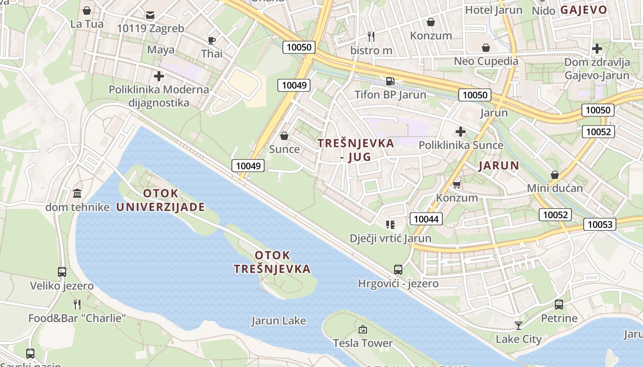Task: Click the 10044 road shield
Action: click(426, 219)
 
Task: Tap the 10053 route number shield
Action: click(600, 224)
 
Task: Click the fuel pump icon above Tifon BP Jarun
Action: click(390, 81)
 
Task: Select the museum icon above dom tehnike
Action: click(77, 193)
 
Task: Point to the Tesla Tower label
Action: click(363, 343)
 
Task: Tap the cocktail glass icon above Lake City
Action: click(519, 326)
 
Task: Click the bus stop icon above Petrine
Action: click(559, 304)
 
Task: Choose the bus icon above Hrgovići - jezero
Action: click(398, 270)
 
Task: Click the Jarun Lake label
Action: click(278, 320)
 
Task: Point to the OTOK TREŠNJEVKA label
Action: click(272, 262)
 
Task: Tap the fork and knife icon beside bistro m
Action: click(371, 36)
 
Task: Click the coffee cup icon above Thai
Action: click(212, 40)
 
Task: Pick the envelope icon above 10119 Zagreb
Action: click(150, 15)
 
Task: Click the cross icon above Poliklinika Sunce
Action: click(461, 132)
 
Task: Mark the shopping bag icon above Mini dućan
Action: click(555, 175)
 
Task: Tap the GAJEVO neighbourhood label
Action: click(584, 10)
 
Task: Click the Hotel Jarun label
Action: click(494, 10)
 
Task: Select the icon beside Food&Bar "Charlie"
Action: click(77, 304)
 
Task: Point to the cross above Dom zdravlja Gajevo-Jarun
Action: click(597, 48)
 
